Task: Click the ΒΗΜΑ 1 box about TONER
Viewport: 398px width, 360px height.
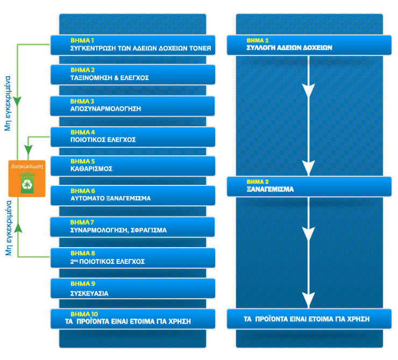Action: click(x=133, y=45)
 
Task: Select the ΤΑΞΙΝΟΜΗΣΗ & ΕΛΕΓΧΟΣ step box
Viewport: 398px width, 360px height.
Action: click(x=133, y=75)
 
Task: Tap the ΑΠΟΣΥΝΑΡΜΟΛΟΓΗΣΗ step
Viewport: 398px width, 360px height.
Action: click(x=133, y=105)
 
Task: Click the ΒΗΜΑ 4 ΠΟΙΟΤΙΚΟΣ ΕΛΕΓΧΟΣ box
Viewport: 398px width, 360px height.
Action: click(x=133, y=136)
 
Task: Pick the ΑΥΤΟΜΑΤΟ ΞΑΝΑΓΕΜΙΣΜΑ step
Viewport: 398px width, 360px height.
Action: click(x=133, y=195)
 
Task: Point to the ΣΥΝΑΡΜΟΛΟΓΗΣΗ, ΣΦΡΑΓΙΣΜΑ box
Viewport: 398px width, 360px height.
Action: click(x=133, y=227)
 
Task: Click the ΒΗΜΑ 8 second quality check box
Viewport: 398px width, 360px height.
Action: click(x=133, y=258)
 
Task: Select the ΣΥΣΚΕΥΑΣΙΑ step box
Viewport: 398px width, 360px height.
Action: click(x=133, y=289)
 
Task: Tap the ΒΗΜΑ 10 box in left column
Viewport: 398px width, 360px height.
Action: click(x=133, y=319)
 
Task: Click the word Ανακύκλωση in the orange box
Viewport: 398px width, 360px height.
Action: click(x=27, y=167)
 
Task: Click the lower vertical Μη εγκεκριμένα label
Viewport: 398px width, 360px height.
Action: click(x=8, y=228)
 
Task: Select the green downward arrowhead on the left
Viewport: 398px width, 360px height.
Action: click(x=18, y=100)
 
